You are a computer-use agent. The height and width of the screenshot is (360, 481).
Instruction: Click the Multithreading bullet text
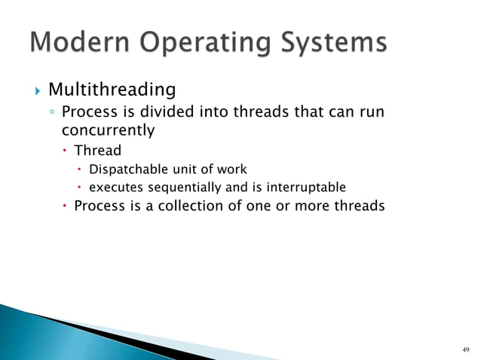pos(112,90)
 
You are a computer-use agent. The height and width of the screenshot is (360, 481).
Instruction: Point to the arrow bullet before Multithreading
pos(36,91)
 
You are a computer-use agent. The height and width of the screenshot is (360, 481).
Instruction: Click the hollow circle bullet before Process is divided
pos(51,114)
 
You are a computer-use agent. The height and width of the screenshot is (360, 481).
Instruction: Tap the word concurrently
pos(108,130)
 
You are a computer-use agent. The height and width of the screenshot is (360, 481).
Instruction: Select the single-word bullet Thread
pos(97,150)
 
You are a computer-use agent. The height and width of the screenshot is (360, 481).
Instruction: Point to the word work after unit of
pos(231,169)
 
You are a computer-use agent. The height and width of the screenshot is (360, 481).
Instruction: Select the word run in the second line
pos(373,113)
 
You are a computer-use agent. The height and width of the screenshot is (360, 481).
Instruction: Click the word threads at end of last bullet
pos(358,206)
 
